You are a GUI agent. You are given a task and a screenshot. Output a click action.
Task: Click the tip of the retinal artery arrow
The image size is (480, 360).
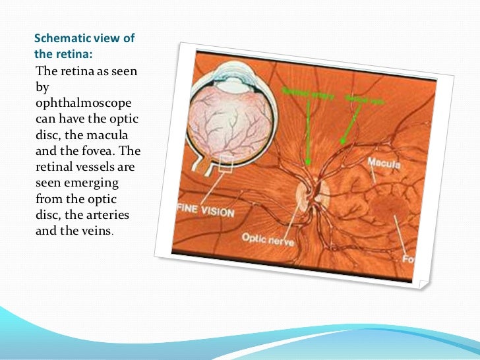click(307, 162)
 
